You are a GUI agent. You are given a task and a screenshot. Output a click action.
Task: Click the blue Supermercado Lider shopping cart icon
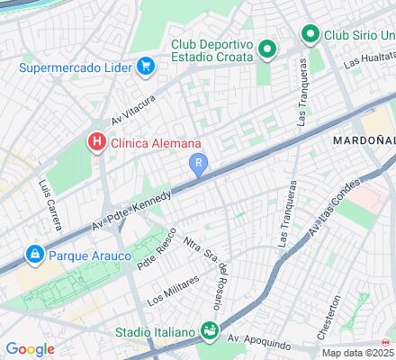tap(144, 66)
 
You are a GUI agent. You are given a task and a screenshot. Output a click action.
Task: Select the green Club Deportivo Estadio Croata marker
tap(266, 49)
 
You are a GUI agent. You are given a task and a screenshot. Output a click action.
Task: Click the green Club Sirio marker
tap(310, 35)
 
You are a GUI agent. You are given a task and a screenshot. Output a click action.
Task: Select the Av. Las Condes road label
tap(328, 219)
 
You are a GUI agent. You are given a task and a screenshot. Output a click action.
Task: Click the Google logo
tap(30, 349)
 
